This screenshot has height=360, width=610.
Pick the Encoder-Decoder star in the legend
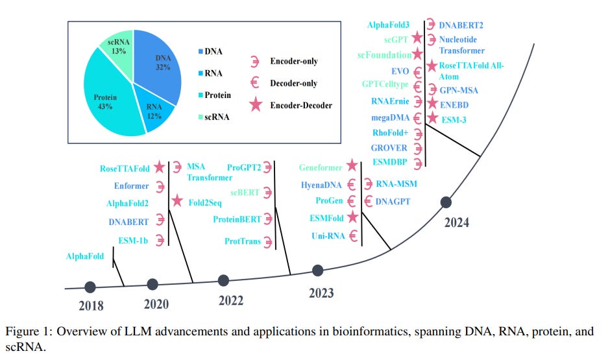tap(256, 105)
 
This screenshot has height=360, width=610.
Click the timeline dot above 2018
tap(90, 286)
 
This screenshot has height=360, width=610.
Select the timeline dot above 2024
tap(446, 202)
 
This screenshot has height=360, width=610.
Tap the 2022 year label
tap(231, 300)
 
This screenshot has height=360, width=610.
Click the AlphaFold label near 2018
tap(84, 257)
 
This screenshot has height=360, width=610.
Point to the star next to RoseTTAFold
tap(160, 168)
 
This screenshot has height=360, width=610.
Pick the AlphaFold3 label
tap(389, 25)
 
